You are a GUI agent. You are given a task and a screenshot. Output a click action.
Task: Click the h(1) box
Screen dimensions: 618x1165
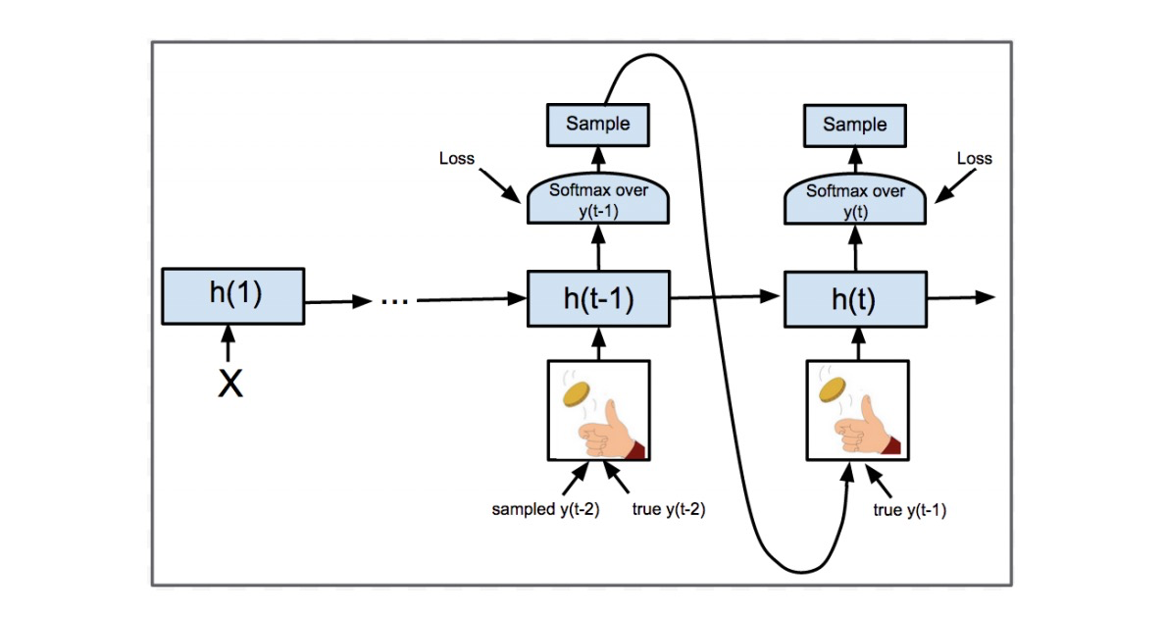(234, 295)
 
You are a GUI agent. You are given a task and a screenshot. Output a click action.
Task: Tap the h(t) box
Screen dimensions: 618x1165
(856, 299)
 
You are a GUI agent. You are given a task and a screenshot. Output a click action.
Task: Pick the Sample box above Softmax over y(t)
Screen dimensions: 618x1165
(855, 125)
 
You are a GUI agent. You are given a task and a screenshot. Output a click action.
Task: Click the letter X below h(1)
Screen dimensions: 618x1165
(229, 384)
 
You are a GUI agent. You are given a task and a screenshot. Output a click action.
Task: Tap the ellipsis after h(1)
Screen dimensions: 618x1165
(394, 300)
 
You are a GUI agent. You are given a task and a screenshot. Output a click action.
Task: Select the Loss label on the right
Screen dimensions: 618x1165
(974, 158)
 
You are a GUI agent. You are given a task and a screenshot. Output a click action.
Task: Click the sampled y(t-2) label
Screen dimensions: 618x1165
(546, 509)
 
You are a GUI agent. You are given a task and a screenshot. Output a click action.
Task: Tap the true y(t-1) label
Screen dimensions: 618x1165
(910, 510)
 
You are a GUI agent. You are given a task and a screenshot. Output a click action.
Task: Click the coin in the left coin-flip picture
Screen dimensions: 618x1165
(577, 394)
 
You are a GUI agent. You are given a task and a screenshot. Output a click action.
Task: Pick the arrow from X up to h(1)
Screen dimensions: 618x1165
(228, 346)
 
